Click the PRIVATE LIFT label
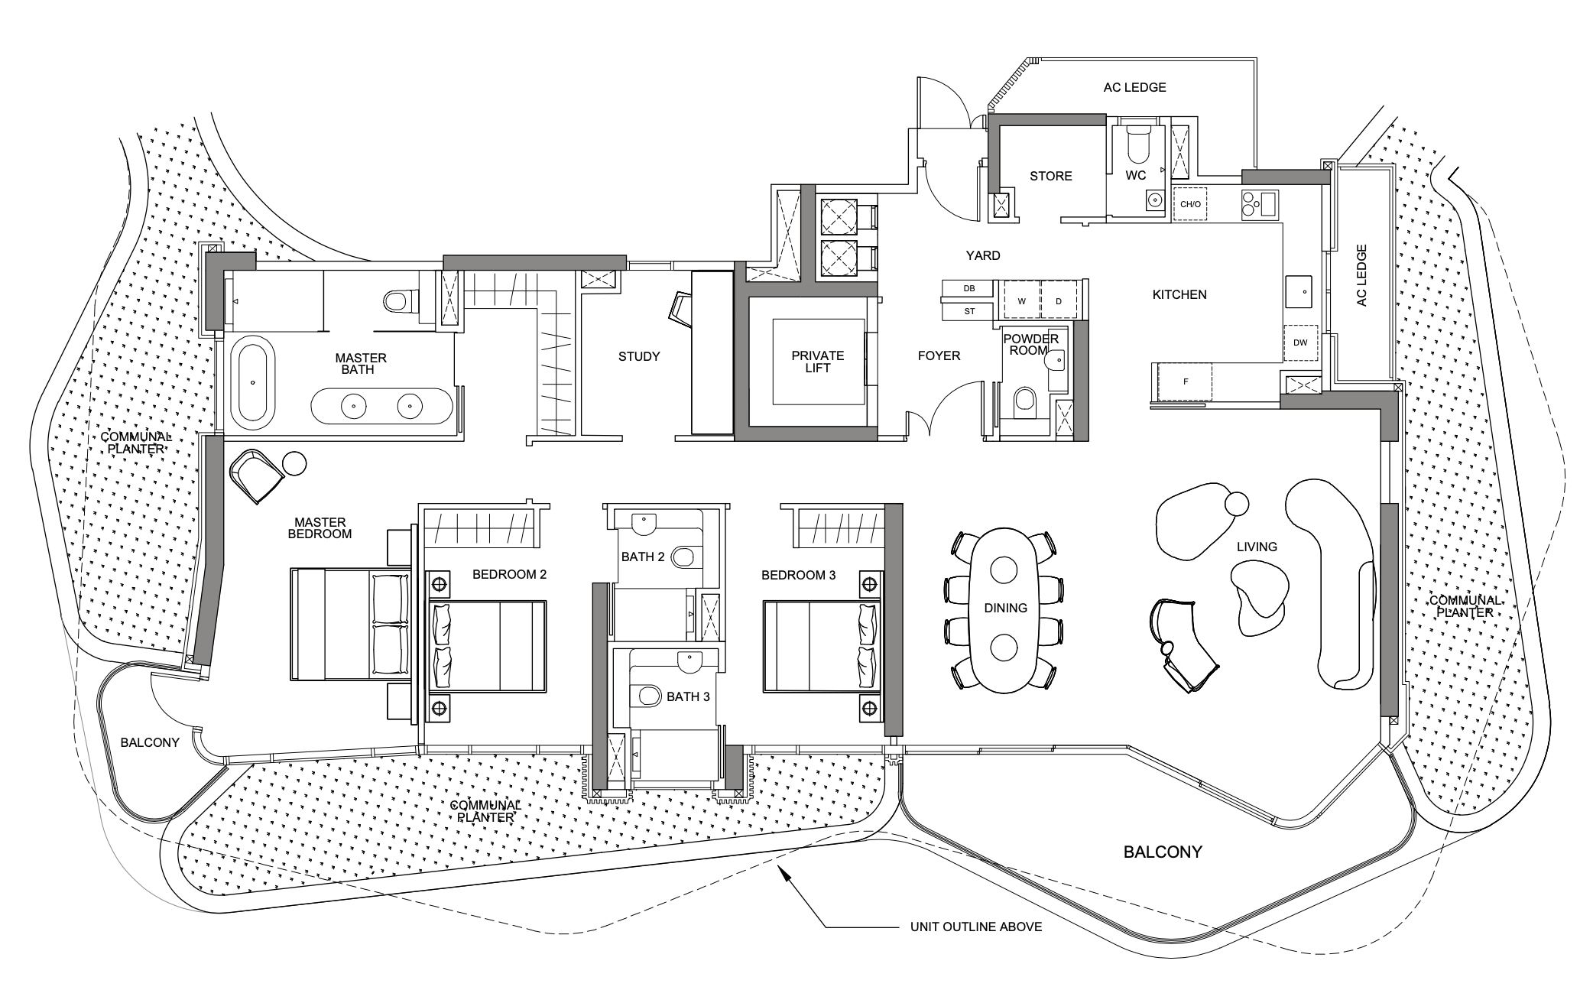tap(817, 362)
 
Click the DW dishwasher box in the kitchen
tap(1300, 342)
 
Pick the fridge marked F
tap(1185, 381)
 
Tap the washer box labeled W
tap(1021, 301)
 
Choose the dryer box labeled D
tap(1059, 301)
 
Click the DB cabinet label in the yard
tap(968, 288)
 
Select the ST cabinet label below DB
tap(968, 311)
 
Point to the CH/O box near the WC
tap(1189, 204)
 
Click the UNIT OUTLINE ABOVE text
tap(975, 927)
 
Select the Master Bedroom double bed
tap(349, 624)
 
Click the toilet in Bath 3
tap(648, 695)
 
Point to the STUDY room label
tap(639, 356)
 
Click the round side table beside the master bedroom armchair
tap(294, 463)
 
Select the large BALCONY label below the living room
tap(1163, 852)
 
